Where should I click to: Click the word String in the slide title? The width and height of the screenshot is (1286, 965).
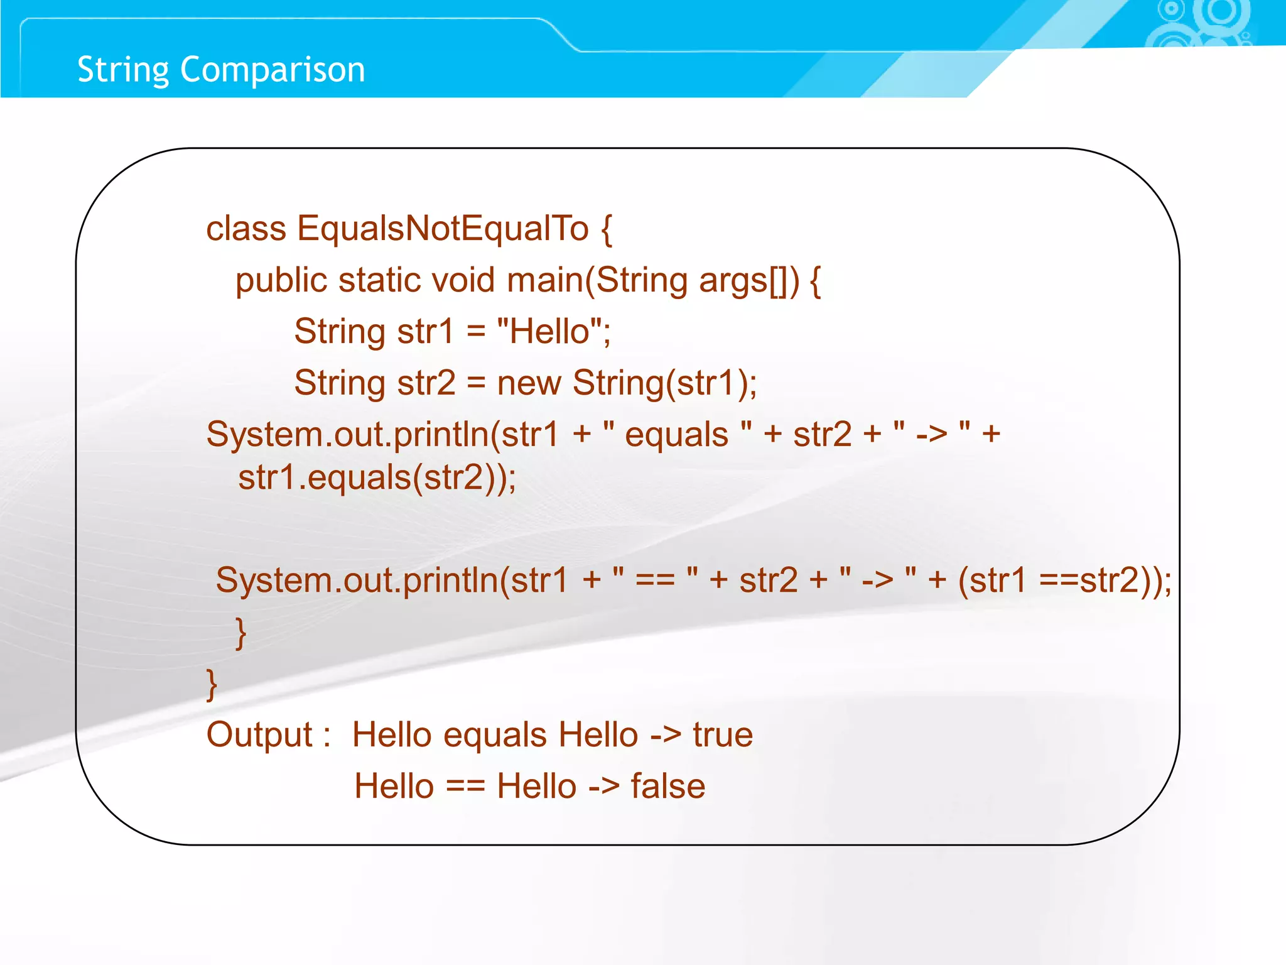pyautogui.click(x=123, y=70)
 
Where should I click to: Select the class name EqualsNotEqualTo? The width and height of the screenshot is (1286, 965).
pyautogui.click(x=443, y=228)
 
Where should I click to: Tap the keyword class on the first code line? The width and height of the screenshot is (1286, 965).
pyautogui.click(x=246, y=228)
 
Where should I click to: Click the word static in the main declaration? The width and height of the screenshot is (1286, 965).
pyautogui.click(x=379, y=280)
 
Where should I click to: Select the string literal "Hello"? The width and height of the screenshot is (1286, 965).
pyautogui.click(x=553, y=331)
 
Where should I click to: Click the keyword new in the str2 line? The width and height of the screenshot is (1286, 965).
pyautogui.click(x=529, y=383)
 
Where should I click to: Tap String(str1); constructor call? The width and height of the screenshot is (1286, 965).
pyautogui.click(x=664, y=383)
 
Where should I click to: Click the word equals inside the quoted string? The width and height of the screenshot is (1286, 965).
pyautogui.click(x=676, y=435)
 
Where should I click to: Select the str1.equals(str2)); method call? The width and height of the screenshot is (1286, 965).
pyautogui.click(x=377, y=477)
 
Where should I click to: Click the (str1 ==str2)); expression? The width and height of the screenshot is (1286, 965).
pyautogui.click(x=1064, y=579)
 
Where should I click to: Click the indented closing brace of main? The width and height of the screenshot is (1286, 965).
pyautogui.click(x=240, y=633)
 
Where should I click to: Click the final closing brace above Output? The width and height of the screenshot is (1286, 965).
pyautogui.click(x=212, y=684)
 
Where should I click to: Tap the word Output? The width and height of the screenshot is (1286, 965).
pyautogui.click(x=259, y=734)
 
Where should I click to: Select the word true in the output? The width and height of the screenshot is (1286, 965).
pyautogui.click(x=723, y=734)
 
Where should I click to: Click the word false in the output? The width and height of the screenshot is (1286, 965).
pyautogui.click(x=667, y=786)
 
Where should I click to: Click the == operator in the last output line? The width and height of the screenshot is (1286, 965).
pyautogui.click(x=465, y=786)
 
